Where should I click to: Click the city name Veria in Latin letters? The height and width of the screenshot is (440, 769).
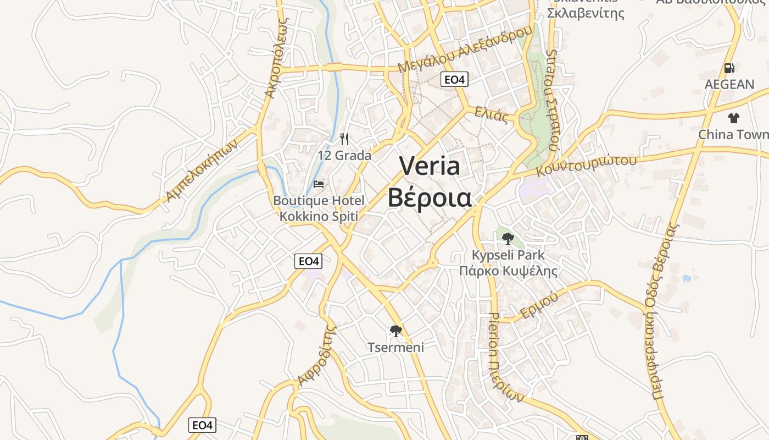430,166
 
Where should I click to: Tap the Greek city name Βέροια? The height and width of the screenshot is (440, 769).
430,198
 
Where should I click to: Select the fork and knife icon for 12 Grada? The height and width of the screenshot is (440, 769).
344,139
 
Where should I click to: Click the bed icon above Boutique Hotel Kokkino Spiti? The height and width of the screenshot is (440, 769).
319,184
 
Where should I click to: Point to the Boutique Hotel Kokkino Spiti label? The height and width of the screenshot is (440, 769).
319,208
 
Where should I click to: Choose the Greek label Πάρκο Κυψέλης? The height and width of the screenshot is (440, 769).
508,271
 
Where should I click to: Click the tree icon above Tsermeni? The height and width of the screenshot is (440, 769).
395,331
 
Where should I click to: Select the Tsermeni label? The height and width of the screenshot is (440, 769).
395,347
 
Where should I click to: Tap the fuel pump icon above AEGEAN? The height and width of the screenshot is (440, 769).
729,68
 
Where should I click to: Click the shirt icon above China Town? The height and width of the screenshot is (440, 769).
733,118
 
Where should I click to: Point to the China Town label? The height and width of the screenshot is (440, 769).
733,135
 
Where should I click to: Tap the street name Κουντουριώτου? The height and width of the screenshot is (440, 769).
586,164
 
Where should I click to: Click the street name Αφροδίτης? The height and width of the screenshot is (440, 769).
316,356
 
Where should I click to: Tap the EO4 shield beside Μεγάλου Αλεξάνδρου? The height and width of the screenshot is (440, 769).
454,80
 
